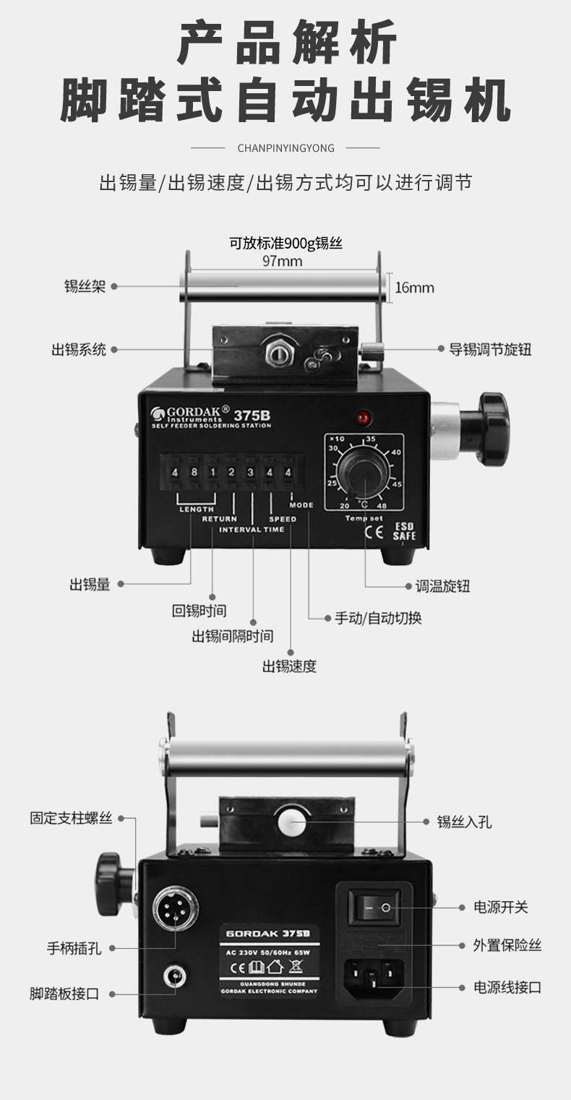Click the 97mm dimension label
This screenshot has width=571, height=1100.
282,262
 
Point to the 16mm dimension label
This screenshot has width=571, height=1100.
414,288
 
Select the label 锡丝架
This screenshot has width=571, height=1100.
85,286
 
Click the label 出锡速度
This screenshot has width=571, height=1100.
289,666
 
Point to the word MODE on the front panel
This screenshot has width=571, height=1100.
301,505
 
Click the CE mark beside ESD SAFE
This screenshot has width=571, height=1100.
374,533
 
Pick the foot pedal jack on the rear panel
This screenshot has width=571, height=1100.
175,977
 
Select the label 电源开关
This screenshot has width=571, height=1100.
500,907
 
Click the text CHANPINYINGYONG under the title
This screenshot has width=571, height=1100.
286,148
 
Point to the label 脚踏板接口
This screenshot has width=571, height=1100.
64,994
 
